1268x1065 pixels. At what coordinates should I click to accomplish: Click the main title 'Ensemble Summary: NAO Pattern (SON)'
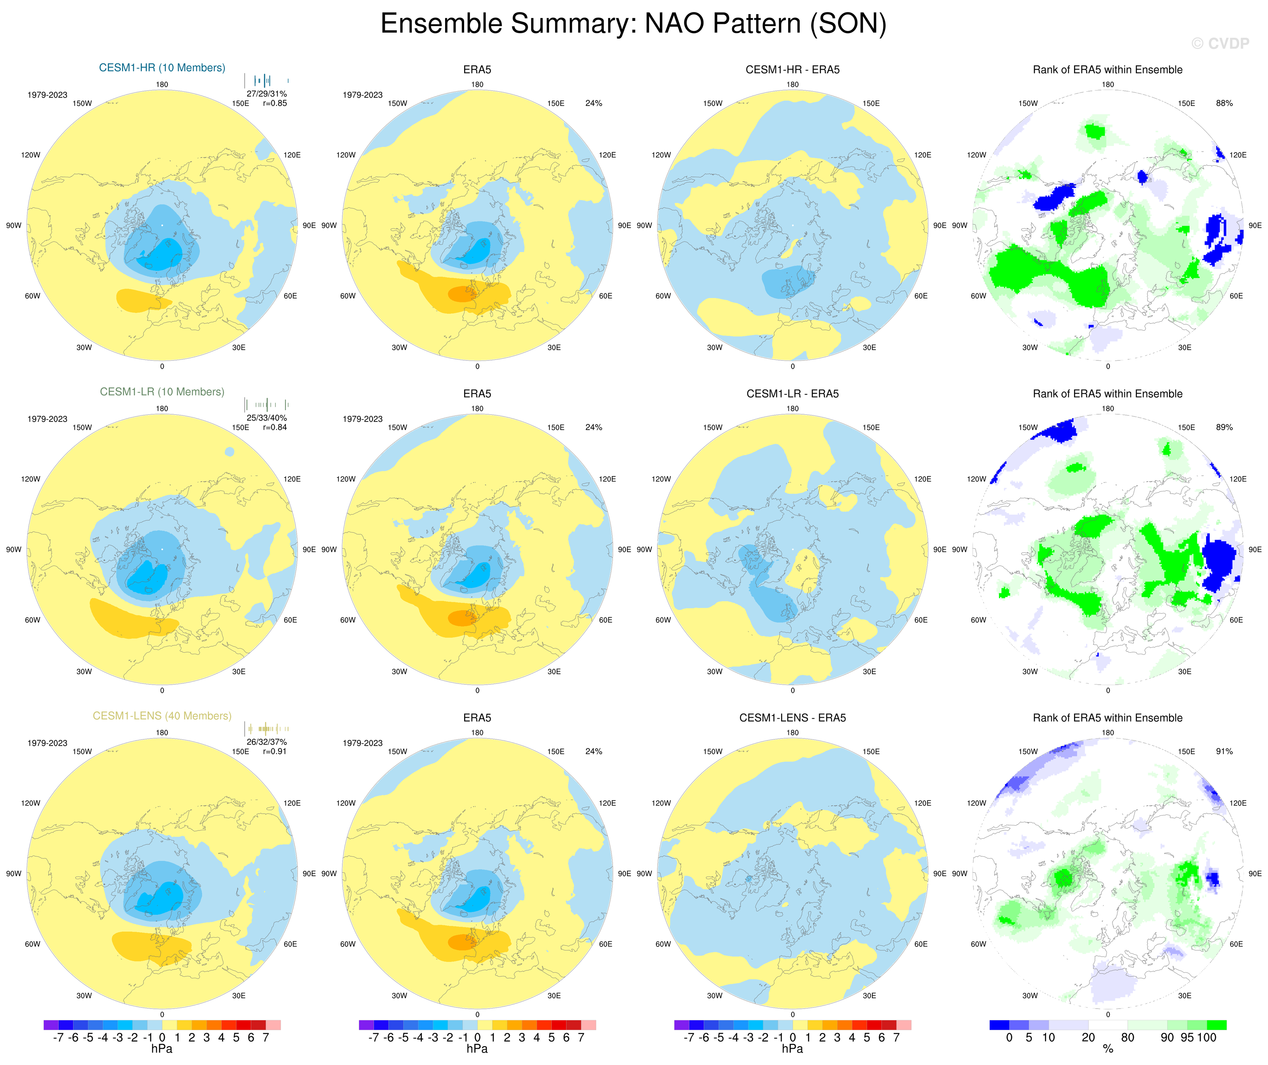click(x=633, y=24)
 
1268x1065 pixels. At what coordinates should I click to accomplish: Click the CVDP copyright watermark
click(x=1220, y=43)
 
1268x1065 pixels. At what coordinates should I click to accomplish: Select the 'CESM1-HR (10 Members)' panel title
click(x=162, y=68)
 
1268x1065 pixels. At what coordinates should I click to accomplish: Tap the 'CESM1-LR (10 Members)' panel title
click(x=162, y=392)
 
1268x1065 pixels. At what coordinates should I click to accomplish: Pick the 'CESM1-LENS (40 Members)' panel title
click(x=162, y=716)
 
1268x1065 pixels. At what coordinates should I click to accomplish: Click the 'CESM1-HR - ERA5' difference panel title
click(x=792, y=70)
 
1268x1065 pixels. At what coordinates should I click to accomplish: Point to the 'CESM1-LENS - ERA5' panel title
click(x=792, y=718)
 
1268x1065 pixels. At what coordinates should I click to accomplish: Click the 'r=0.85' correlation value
click(x=275, y=103)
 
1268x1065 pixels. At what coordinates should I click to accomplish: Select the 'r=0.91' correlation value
click(x=275, y=752)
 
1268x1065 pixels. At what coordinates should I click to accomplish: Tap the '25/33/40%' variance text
click(x=266, y=418)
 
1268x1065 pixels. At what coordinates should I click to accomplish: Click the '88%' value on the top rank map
click(x=1224, y=103)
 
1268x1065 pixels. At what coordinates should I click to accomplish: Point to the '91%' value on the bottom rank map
click(x=1224, y=752)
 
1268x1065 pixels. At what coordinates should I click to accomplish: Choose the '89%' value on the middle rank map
click(x=1224, y=427)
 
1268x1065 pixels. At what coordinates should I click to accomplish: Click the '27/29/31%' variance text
click(x=266, y=93)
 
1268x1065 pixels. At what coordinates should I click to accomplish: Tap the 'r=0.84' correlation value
click(x=275, y=427)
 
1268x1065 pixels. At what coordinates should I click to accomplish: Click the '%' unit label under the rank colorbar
click(x=1108, y=1049)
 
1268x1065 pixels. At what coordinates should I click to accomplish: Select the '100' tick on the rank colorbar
click(x=1206, y=1038)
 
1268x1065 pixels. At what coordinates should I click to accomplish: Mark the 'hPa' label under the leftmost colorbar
click(x=162, y=1049)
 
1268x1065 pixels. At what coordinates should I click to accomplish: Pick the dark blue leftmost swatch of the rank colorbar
click(x=999, y=1025)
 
